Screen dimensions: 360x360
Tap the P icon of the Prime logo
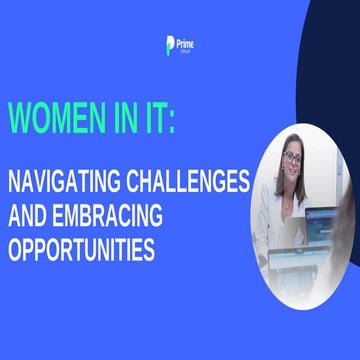point(170,46)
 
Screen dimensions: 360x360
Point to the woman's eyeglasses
point(292,158)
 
